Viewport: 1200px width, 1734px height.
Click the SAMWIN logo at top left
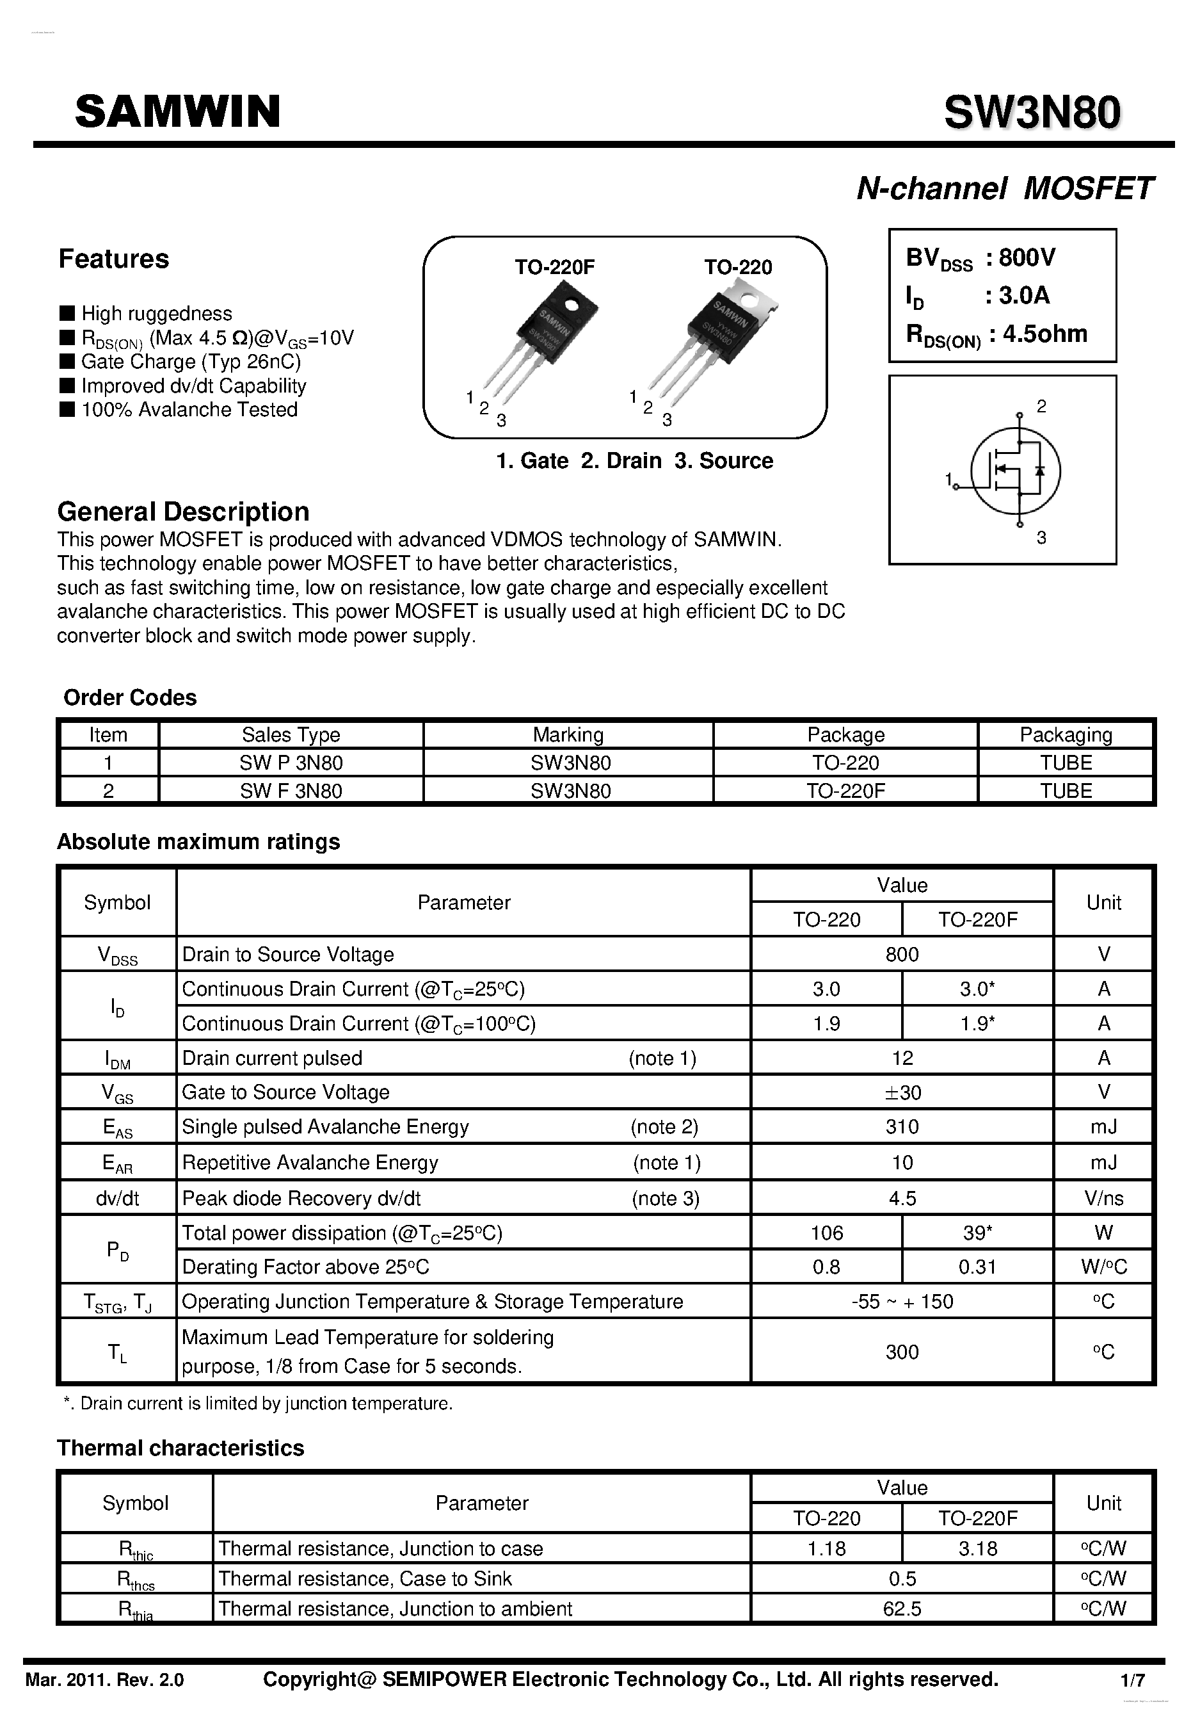[x=177, y=111]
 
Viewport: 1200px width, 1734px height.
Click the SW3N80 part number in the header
[x=1032, y=112]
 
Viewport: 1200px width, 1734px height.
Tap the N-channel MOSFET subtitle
[x=1005, y=188]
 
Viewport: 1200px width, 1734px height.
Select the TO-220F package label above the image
[x=554, y=267]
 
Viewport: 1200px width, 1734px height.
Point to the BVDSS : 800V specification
[x=980, y=258]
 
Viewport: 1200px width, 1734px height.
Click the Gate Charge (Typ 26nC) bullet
[x=190, y=362]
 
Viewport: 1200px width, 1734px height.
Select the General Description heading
[x=182, y=512]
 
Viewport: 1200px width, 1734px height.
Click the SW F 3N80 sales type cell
[x=291, y=791]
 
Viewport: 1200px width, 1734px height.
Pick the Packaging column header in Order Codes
[x=1066, y=734]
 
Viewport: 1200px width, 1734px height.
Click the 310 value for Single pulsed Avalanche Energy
[x=902, y=1126]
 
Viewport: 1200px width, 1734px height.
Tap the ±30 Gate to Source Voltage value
[x=902, y=1092]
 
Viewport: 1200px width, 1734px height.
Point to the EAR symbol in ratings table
[x=117, y=1163]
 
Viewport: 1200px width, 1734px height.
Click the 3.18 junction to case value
[x=977, y=1548]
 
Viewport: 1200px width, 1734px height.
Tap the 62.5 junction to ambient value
[x=902, y=1608]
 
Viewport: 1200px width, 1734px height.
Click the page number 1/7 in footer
[x=1132, y=1680]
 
